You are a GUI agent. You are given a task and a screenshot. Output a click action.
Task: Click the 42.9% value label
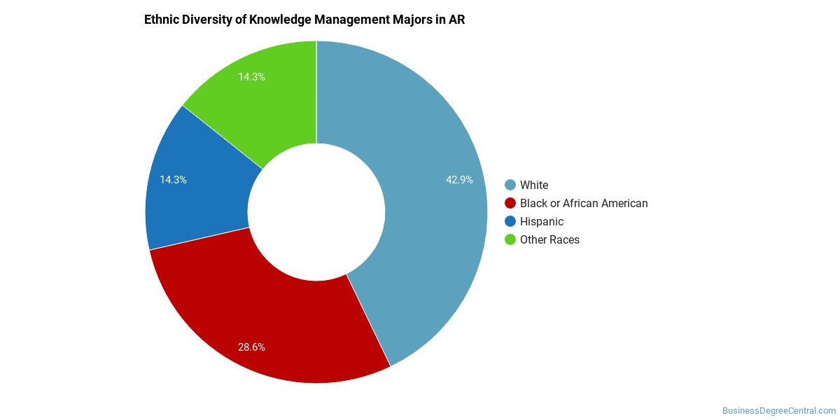459,180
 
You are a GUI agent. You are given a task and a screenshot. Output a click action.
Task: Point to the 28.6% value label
251,346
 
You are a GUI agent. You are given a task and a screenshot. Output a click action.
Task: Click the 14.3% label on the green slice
251,77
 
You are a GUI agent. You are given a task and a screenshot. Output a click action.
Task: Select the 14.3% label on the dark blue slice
173,180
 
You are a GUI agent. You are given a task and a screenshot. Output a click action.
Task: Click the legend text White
534,185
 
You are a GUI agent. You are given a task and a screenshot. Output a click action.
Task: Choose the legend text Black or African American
584,203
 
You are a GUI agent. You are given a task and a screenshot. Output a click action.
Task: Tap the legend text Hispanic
542,221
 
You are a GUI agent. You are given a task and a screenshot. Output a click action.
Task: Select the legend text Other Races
549,239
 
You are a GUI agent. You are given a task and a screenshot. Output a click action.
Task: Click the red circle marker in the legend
510,203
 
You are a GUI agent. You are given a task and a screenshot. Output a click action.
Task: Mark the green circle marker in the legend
510,239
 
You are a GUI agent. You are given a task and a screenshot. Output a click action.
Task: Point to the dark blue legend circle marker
510,221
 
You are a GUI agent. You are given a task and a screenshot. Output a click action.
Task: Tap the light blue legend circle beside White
510,185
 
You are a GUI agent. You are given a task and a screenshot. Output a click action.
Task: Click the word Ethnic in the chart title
161,20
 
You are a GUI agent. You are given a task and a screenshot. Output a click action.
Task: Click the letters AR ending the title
456,20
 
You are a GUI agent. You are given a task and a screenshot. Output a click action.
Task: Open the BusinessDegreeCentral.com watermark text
779,411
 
